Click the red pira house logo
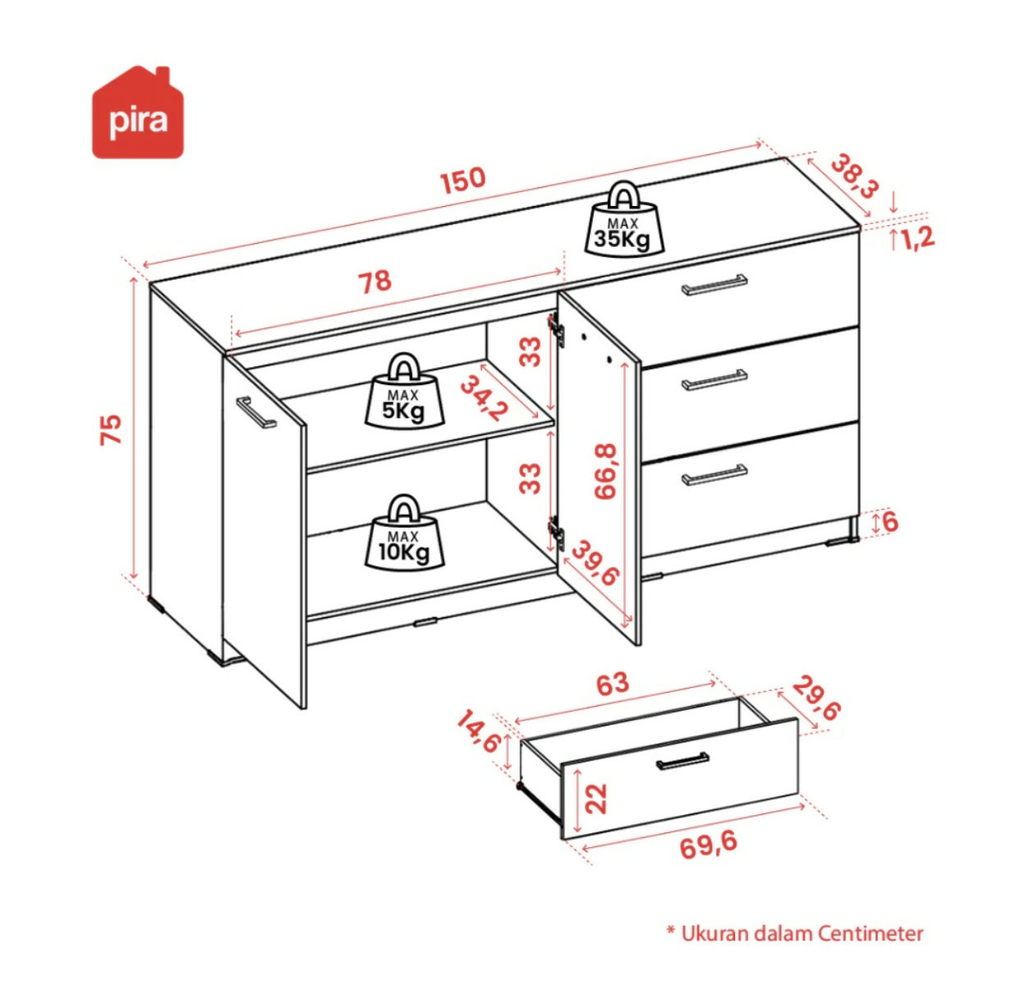138,112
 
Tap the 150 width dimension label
462,180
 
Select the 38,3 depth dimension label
854,176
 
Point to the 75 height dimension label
111,429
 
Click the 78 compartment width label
374,282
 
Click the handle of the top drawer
714,285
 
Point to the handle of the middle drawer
714,380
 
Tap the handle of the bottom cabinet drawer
714,474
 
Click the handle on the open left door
256,412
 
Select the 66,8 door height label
605,471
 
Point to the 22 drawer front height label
595,799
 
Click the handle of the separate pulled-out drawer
682,760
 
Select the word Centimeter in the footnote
871,932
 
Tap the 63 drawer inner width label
613,684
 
